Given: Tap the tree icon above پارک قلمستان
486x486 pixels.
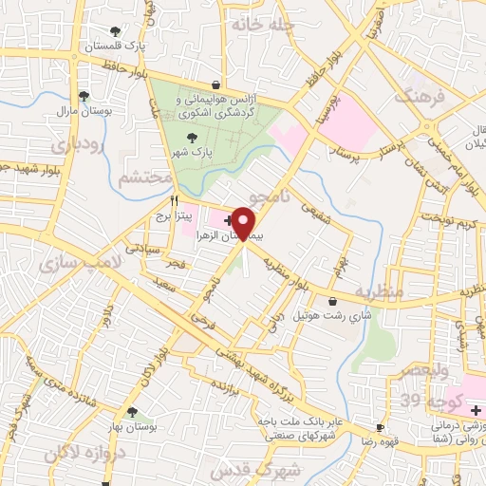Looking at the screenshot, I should coord(116,31).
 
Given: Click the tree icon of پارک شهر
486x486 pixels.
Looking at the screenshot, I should coord(194,139).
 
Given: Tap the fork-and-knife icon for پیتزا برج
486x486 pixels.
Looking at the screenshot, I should coord(174,200).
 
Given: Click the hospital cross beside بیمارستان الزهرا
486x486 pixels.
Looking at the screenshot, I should coord(227,220).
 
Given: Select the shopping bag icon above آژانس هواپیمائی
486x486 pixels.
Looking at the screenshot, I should coord(216,84).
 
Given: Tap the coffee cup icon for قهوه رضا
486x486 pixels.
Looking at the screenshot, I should coord(381,427).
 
